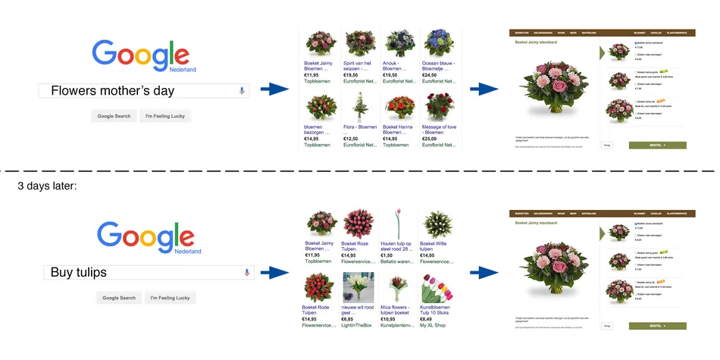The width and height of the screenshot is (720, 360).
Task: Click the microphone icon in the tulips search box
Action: (x=246, y=272)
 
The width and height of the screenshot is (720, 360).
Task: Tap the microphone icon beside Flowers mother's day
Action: (x=242, y=91)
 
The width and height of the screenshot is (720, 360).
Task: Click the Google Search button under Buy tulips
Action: (x=119, y=298)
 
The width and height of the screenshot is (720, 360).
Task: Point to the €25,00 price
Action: (x=429, y=139)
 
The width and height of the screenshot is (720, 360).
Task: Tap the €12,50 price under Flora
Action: (x=351, y=139)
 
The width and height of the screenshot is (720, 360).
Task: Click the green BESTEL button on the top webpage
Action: (x=656, y=144)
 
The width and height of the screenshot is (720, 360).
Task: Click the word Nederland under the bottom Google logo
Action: (x=188, y=251)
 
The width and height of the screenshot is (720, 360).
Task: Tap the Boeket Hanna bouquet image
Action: (x=397, y=107)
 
